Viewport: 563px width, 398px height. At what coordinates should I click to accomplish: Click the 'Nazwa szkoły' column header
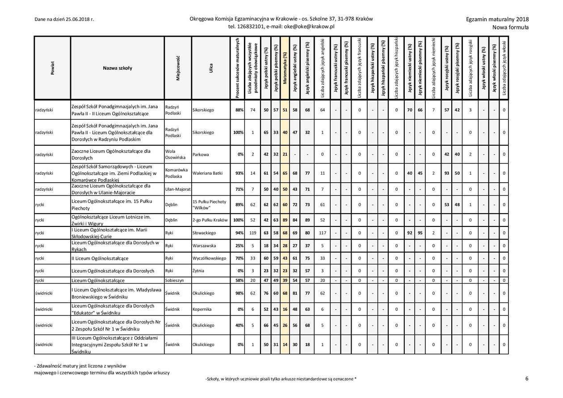tap(118, 68)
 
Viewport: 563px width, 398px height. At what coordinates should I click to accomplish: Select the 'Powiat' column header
tap(52, 68)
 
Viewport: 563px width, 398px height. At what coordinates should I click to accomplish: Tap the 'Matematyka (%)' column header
tap(285, 68)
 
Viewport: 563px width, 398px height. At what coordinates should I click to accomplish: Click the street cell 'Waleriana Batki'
tap(207, 173)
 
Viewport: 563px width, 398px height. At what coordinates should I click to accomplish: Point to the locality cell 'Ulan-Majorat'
tap(178, 189)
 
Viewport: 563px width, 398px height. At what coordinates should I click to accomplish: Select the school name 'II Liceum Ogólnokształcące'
tap(100, 258)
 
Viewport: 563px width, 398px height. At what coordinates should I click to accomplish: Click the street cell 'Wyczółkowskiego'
tap(210, 258)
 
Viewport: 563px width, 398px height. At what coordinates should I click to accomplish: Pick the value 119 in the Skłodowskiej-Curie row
tap(253, 233)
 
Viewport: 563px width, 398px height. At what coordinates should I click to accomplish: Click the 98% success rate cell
tap(239, 293)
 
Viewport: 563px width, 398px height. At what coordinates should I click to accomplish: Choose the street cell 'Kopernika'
tap(202, 309)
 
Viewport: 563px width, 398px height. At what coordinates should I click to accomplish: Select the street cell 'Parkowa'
tap(201, 155)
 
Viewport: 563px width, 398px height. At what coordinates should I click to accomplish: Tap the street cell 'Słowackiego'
tap(205, 233)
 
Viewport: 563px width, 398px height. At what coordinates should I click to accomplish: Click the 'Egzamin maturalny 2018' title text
tap(497, 19)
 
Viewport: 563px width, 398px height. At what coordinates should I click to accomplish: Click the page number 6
tap(527, 378)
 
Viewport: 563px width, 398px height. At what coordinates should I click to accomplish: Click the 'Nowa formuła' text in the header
tap(510, 27)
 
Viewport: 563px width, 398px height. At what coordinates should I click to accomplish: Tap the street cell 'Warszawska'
tap(204, 246)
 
